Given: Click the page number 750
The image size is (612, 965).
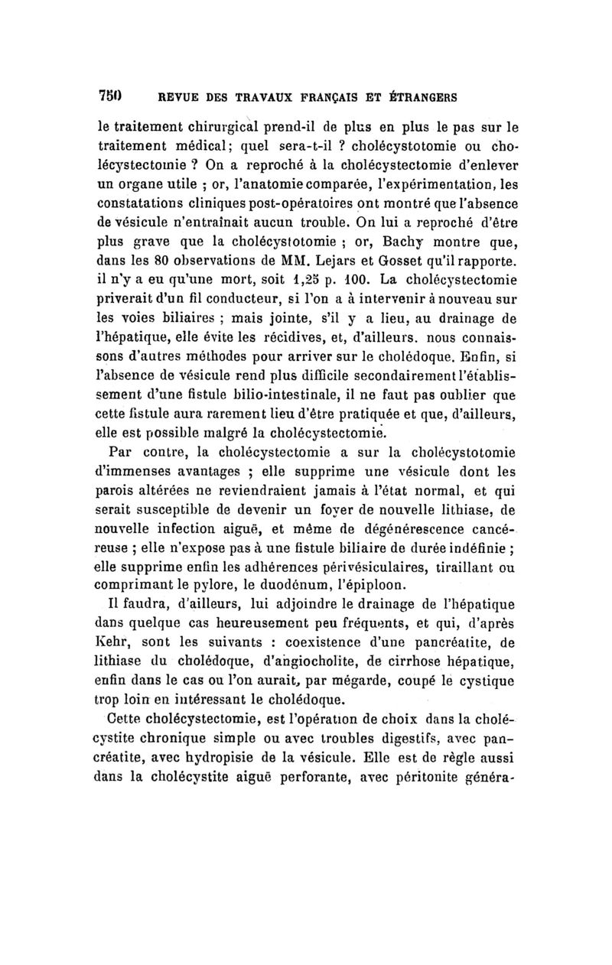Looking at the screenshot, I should [x=110, y=97].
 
